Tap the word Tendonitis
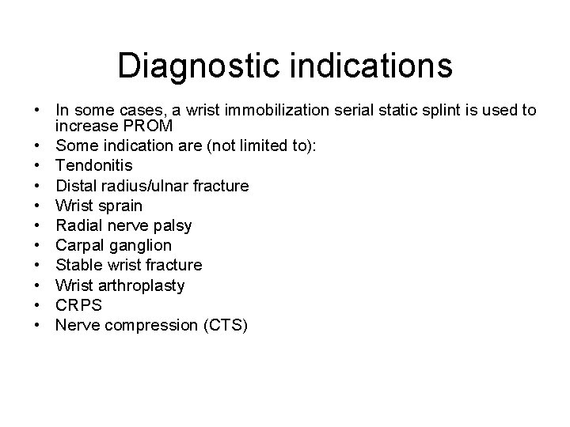pyautogui.click(x=94, y=166)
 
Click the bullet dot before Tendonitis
pyautogui.click(x=38, y=166)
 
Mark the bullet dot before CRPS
pyautogui.click(x=38, y=304)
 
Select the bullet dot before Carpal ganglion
pyautogui.click(x=38, y=245)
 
